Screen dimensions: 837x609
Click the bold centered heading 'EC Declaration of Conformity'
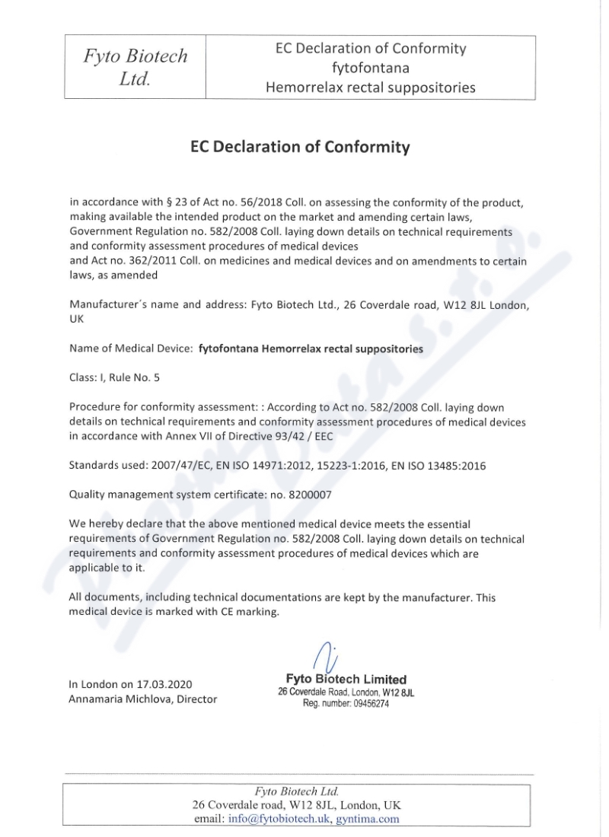[x=300, y=146]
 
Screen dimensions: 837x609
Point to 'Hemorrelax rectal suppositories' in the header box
[x=371, y=88]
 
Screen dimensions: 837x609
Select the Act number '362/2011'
[x=138, y=261]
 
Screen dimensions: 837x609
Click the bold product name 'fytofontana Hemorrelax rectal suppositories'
[x=311, y=348]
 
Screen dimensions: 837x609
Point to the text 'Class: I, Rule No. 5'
[x=115, y=377]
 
